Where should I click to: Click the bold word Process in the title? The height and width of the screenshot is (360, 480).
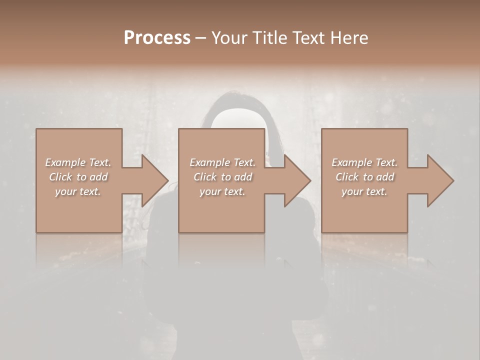pyautogui.click(x=157, y=38)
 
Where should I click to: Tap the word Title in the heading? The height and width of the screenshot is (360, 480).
pyautogui.click(x=270, y=38)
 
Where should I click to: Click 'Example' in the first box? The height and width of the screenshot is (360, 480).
pyautogui.click(x=65, y=162)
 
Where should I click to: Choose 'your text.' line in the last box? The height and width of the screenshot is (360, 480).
pyautogui.click(x=364, y=191)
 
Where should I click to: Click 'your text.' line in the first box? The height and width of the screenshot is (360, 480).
pyautogui.click(x=78, y=191)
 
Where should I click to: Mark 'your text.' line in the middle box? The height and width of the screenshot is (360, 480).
pyautogui.click(x=222, y=191)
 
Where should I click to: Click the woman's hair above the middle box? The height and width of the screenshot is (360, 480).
pyautogui.click(x=235, y=102)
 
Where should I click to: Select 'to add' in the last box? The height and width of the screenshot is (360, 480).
pyautogui.click(x=379, y=177)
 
